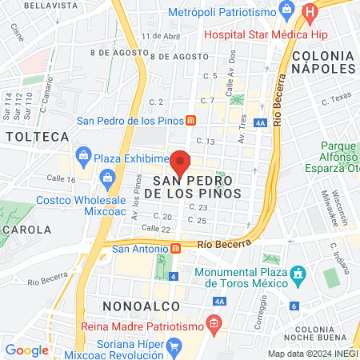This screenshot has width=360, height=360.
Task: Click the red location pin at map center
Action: (181, 162)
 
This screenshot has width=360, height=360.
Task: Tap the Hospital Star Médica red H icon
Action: (311, 14)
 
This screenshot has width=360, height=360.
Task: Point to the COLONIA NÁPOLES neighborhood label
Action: (323, 62)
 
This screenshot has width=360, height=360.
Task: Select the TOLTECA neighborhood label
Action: (37, 138)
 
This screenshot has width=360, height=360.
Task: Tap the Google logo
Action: (26, 350)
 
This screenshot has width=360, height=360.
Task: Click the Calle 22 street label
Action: (134, 230)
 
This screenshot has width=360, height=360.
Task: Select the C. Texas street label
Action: (336, 101)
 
